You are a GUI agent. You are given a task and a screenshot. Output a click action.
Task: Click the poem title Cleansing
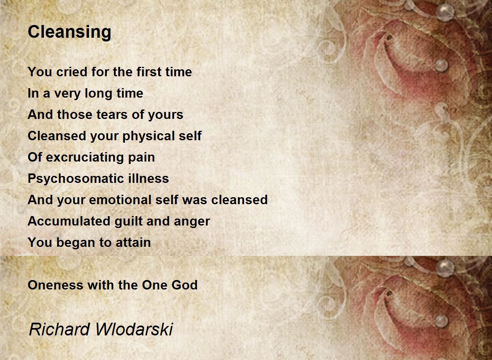[69, 32]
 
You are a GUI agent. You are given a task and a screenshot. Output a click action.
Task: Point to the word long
[98, 93]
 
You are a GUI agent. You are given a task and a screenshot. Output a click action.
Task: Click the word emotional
[116, 200]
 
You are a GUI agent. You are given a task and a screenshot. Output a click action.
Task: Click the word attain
[132, 243]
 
